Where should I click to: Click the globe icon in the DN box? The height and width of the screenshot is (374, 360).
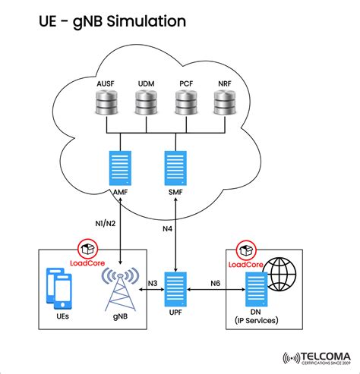[282, 272]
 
